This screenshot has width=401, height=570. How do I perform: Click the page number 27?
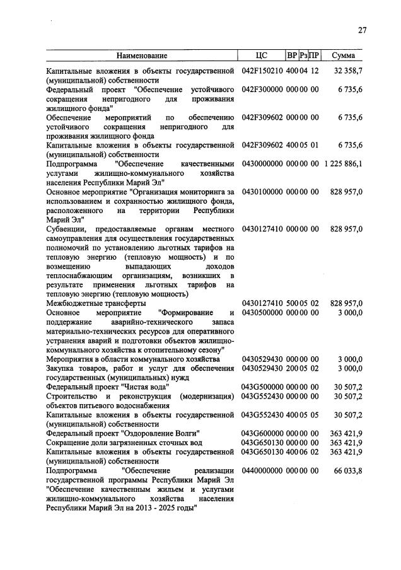coord(362,30)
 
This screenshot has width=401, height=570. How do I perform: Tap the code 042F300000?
coord(263,90)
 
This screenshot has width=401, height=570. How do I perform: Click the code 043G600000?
coord(263,433)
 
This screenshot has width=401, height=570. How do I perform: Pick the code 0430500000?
coord(263,313)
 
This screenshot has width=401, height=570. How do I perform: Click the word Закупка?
coord(62,368)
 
